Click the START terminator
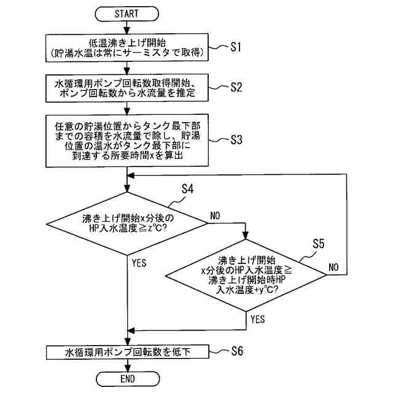(127, 13)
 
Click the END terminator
(127, 378)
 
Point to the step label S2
(237, 87)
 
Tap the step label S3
(237, 139)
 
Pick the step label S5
(317, 244)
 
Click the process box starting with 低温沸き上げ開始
(127, 48)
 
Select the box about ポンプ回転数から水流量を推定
(127, 88)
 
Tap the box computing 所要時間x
(127, 139)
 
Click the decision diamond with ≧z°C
(127, 223)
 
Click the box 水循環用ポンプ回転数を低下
(127, 352)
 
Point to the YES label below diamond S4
(139, 262)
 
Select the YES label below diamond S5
(258, 319)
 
